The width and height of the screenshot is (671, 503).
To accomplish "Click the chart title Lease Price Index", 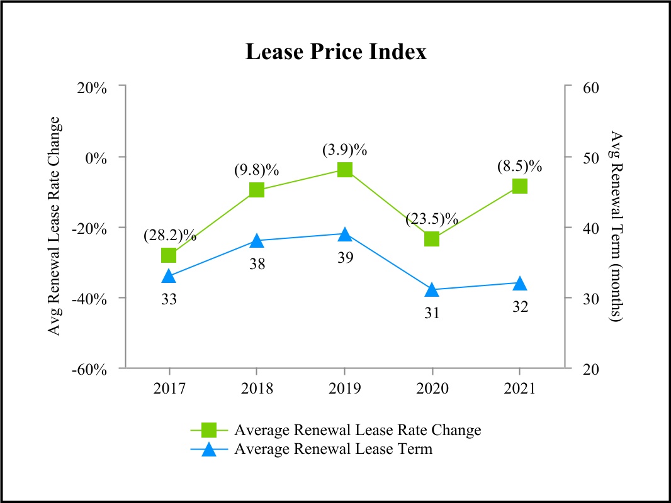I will pos(335,52).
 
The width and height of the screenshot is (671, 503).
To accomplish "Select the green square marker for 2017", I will pos(169,255).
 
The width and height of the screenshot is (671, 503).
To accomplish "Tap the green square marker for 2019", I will pos(344,170).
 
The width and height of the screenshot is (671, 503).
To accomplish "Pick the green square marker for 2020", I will pos(432,239).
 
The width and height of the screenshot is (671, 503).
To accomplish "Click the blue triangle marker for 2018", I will pos(256,241).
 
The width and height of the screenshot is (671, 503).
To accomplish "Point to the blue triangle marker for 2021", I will pos(519,284).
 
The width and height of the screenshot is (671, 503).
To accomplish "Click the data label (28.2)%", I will pos(169,236).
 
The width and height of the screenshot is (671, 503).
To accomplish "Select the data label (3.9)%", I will pos(344,151).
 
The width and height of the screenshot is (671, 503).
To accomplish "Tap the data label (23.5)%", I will pos(432,219).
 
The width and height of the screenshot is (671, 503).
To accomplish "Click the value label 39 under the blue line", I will pos(344,257).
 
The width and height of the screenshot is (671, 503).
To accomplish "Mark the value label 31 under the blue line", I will pos(432,312).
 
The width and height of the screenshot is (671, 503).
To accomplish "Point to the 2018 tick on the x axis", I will pos(256,388).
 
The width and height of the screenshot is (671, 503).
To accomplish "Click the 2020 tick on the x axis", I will pos(432,388).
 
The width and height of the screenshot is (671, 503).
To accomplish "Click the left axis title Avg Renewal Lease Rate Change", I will pos(55,226).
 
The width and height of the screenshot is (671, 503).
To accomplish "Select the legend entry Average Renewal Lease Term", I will pos(333,449).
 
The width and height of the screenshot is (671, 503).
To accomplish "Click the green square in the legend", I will pos(210,430).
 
